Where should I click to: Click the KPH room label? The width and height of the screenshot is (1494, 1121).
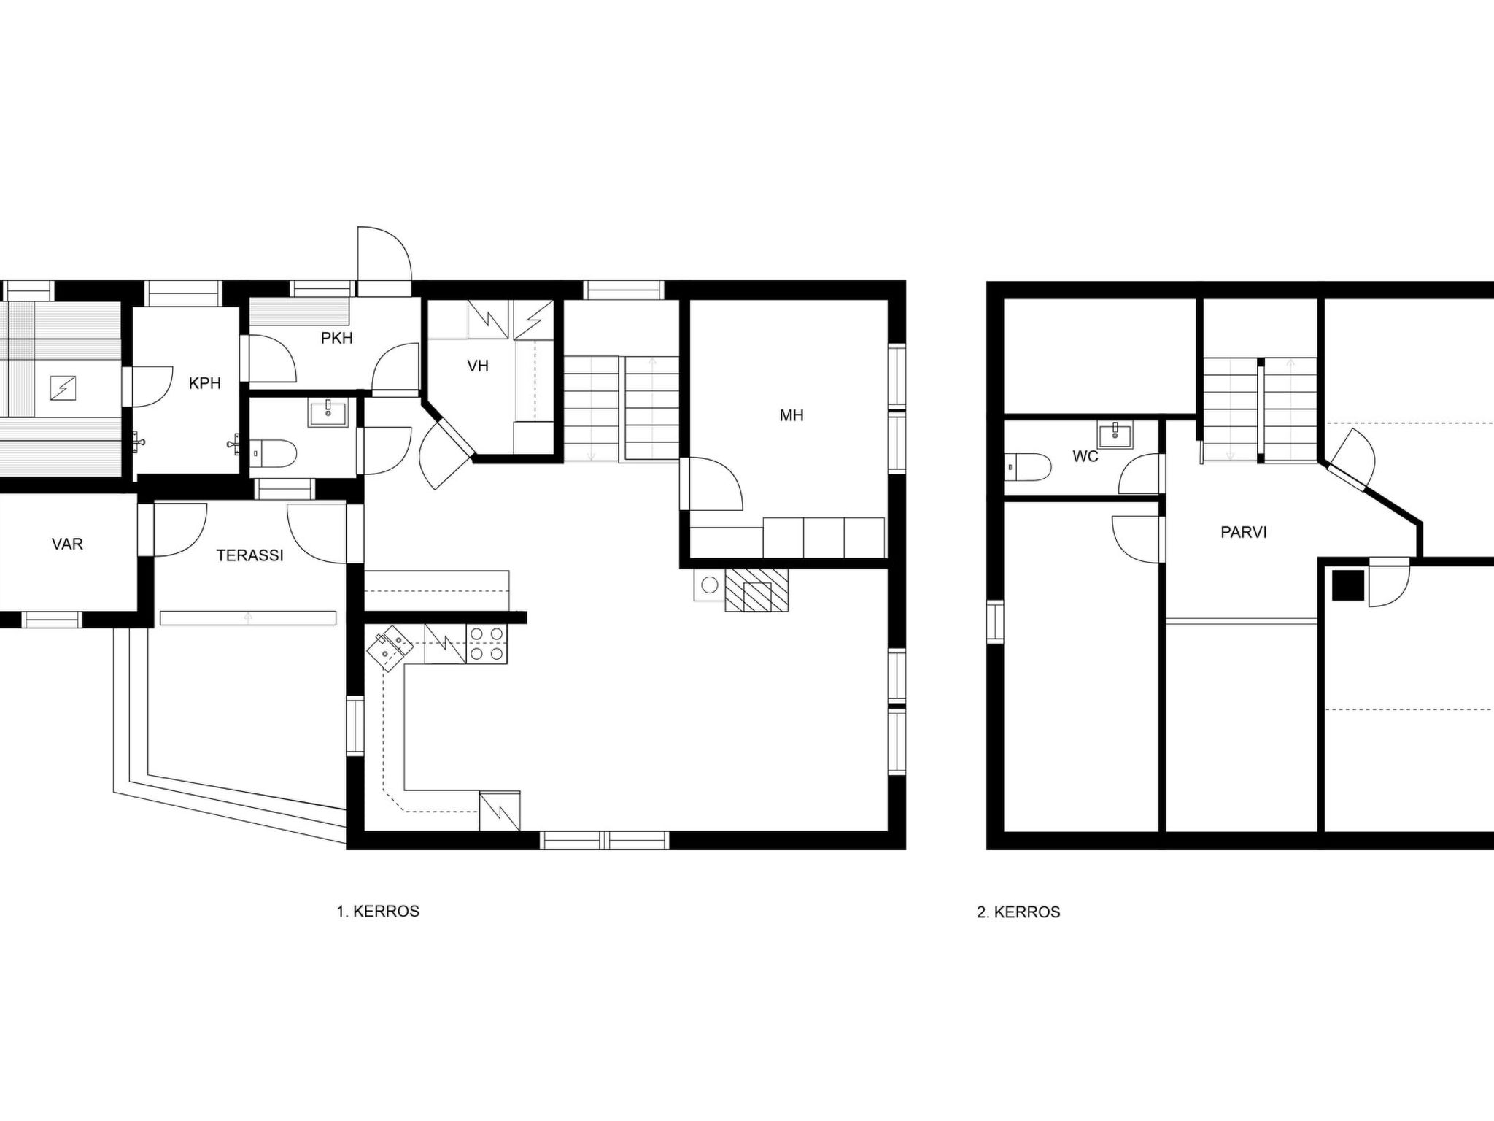click(204, 383)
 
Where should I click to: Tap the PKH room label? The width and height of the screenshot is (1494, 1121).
click(337, 338)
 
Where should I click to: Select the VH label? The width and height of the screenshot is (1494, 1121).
click(478, 366)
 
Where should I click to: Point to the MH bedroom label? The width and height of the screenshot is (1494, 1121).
click(791, 415)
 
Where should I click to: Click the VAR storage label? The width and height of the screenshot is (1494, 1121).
click(67, 544)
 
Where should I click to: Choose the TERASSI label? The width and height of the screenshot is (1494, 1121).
click(249, 555)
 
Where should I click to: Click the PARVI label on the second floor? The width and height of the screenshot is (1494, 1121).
click(1244, 533)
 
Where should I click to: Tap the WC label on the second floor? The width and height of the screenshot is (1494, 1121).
click(1085, 457)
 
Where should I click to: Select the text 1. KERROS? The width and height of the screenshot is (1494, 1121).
click(378, 912)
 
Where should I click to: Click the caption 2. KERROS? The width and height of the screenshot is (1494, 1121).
click(1018, 912)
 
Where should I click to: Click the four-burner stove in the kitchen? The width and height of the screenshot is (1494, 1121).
click(487, 644)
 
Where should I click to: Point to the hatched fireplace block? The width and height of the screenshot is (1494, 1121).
click(756, 590)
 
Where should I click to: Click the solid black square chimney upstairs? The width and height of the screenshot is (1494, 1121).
click(1348, 585)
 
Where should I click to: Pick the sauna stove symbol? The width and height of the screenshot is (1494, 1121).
click(63, 388)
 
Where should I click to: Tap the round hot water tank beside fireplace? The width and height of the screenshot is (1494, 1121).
click(709, 585)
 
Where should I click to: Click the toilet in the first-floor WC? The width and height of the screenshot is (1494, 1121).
click(273, 453)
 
